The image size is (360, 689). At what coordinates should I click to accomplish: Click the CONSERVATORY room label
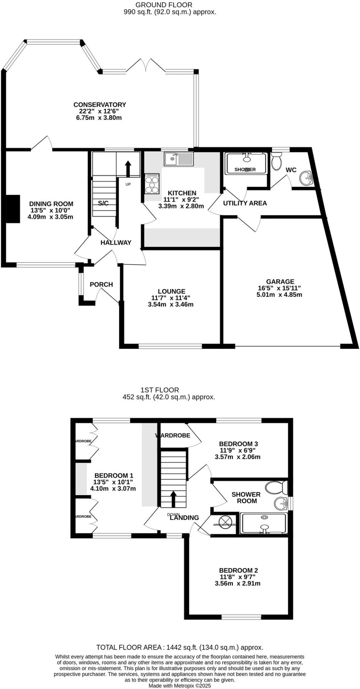click(x=100, y=105)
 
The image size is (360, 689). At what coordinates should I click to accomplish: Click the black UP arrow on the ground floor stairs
click(x=128, y=168)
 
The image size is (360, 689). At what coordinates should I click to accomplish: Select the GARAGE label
click(x=280, y=282)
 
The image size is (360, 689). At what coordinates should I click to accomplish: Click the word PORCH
click(x=101, y=285)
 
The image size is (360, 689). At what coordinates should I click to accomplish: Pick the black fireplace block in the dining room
click(x=14, y=208)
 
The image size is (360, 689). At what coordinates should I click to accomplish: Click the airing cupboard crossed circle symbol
click(x=225, y=522)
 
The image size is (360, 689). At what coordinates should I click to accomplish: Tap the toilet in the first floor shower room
click(x=277, y=487)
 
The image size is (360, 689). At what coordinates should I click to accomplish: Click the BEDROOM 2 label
click(x=238, y=570)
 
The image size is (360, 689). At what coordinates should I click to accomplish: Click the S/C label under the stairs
click(x=103, y=203)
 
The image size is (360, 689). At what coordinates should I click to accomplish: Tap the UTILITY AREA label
click(x=245, y=203)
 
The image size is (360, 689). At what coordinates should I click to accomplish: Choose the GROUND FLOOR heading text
click(x=164, y=5)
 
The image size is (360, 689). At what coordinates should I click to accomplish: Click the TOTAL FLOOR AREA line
click(x=180, y=647)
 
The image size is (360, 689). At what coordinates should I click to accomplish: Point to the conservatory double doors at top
click(x=146, y=65)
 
